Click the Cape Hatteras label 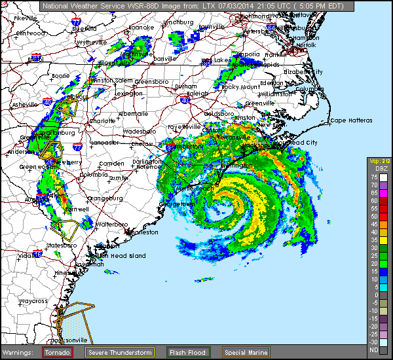tap(351, 120)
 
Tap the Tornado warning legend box tap(58, 352)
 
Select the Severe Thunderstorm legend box tap(120, 352)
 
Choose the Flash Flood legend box tap(187, 352)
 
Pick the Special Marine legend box tap(246, 352)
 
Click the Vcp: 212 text tap(379, 161)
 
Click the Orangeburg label tap(105, 198)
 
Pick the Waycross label tap(32, 301)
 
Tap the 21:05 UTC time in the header tap(244, 5)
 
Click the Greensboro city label tap(151, 82)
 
